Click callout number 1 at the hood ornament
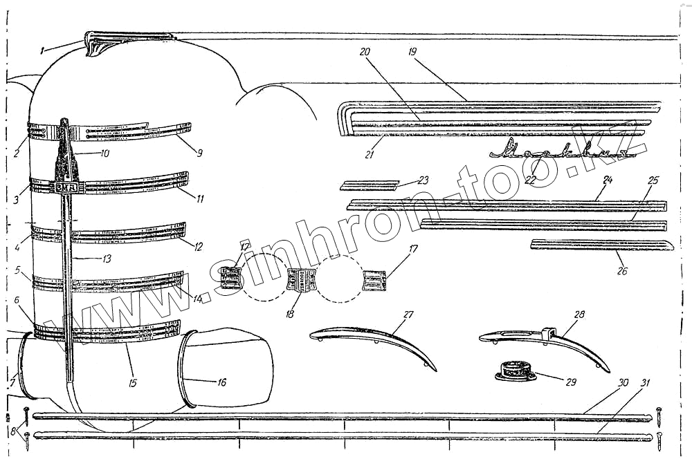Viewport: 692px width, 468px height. click(42, 49)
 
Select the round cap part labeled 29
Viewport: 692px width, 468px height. click(516, 372)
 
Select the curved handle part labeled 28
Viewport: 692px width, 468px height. click(547, 339)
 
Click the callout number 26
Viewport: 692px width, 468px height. click(623, 271)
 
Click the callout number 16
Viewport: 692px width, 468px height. click(202, 382)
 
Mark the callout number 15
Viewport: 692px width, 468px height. click(128, 363)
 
